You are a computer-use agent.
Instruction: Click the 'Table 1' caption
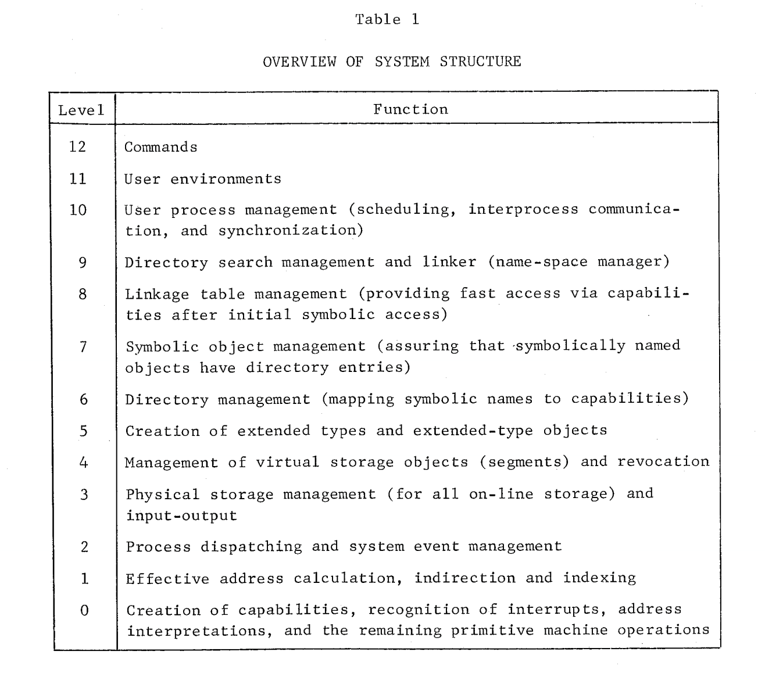[x=387, y=19]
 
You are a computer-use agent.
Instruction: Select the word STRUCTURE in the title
[x=480, y=61]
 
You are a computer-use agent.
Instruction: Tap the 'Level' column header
[x=81, y=110]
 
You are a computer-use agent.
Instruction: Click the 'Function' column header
[x=410, y=109]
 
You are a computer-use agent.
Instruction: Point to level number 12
[x=77, y=146]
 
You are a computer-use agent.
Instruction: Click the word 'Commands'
[x=161, y=147]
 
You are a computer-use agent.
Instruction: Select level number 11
[x=77, y=178]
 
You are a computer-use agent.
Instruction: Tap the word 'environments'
[x=226, y=179]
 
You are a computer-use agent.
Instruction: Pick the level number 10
[x=78, y=210]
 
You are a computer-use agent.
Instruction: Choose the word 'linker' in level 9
[x=449, y=262]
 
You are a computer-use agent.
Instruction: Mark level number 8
[x=83, y=293]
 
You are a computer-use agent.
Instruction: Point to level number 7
[x=83, y=347]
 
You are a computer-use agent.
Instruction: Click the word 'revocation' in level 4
[x=663, y=461]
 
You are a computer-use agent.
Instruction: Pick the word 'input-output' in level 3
[x=181, y=516]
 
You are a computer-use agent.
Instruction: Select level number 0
[x=85, y=611]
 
